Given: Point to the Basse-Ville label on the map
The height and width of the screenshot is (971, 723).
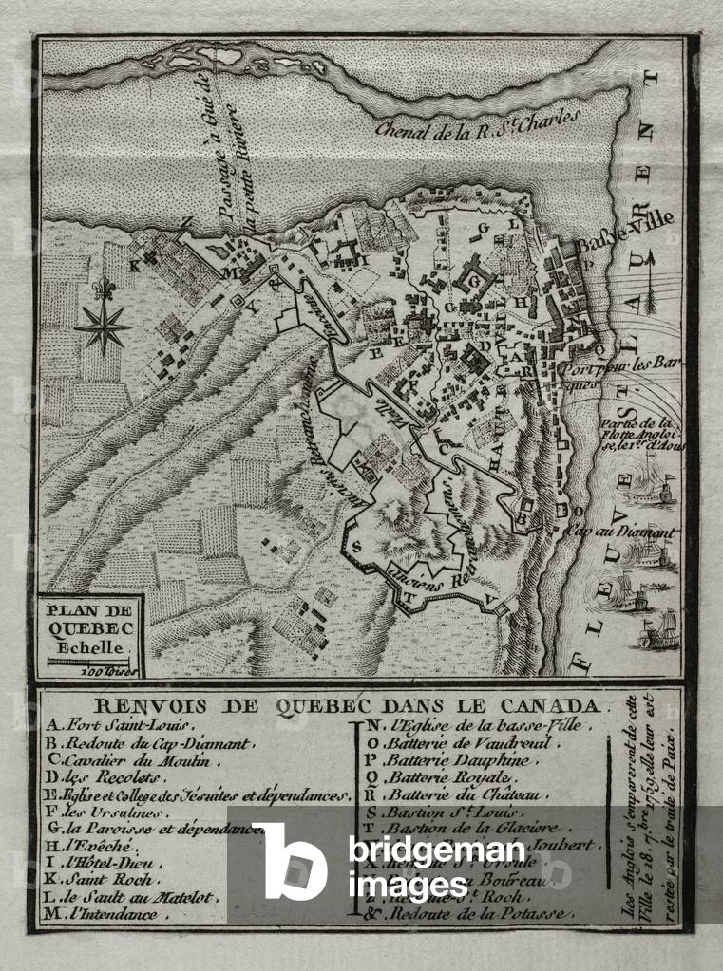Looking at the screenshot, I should click(624, 227).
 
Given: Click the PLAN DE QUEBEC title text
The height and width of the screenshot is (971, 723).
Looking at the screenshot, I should click(91, 618).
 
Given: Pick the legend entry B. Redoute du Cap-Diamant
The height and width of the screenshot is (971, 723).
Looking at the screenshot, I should click(147, 744).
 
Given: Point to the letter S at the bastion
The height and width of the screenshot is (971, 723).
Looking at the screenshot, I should click(355, 548).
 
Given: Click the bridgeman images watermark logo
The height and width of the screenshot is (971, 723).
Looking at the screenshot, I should click(290, 860).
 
